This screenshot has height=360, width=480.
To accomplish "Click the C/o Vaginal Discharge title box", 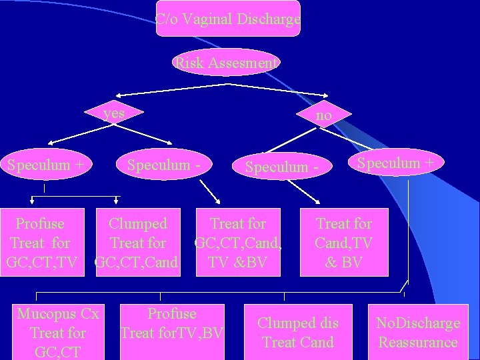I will [228, 19].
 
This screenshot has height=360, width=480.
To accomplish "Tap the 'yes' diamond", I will [115, 113].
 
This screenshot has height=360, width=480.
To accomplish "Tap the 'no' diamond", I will [323, 115].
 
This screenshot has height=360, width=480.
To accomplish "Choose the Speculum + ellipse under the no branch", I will [395, 163].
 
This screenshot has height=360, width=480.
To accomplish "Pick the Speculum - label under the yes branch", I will [168, 165].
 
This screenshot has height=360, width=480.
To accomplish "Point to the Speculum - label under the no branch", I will [281, 167].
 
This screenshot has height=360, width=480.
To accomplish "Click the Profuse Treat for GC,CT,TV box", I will [41, 243].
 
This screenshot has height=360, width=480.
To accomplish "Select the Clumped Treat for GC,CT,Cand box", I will [137, 243].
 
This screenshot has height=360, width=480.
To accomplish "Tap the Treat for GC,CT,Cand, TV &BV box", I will [237, 243].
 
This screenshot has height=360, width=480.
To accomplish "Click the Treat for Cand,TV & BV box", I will [343, 243].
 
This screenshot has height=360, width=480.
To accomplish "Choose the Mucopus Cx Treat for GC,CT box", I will [58, 332].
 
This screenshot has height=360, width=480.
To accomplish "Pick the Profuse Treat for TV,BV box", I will [172, 323].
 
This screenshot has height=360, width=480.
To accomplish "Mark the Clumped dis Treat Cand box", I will [297, 332].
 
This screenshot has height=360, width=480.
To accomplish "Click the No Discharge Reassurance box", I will [418, 332].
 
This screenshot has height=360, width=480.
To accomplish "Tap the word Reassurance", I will [418, 343].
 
